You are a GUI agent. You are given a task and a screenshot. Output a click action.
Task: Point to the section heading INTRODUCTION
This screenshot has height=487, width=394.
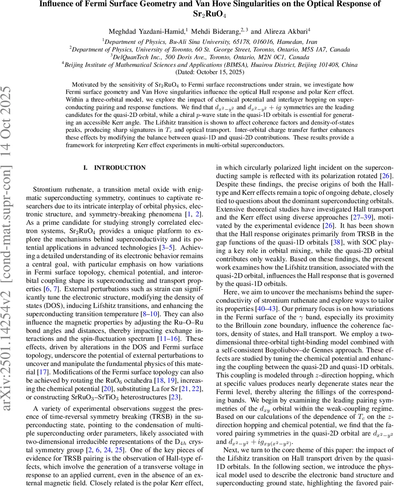click(120, 168)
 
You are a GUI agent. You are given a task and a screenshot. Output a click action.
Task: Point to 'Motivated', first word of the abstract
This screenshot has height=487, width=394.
click(84, 84)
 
